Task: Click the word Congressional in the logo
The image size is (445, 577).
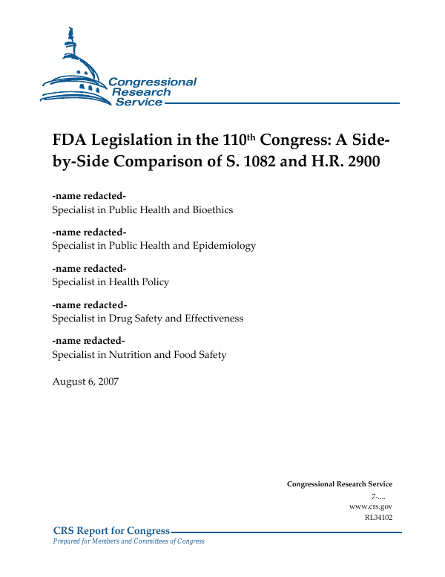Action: pos(152,82)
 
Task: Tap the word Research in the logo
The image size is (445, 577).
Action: pos(141,92)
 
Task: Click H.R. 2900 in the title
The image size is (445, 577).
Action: pos(348,163)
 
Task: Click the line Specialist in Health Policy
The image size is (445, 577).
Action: pos(111,282)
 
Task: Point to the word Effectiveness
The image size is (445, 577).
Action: pos(215,319)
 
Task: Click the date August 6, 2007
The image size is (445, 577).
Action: pos(85,382)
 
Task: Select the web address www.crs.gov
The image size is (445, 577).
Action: pos(370,506)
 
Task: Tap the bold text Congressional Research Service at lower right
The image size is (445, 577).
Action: pos(339,484)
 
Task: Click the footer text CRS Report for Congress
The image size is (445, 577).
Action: pos(112,530)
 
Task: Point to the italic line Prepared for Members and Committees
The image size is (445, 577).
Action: pos(129,541)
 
